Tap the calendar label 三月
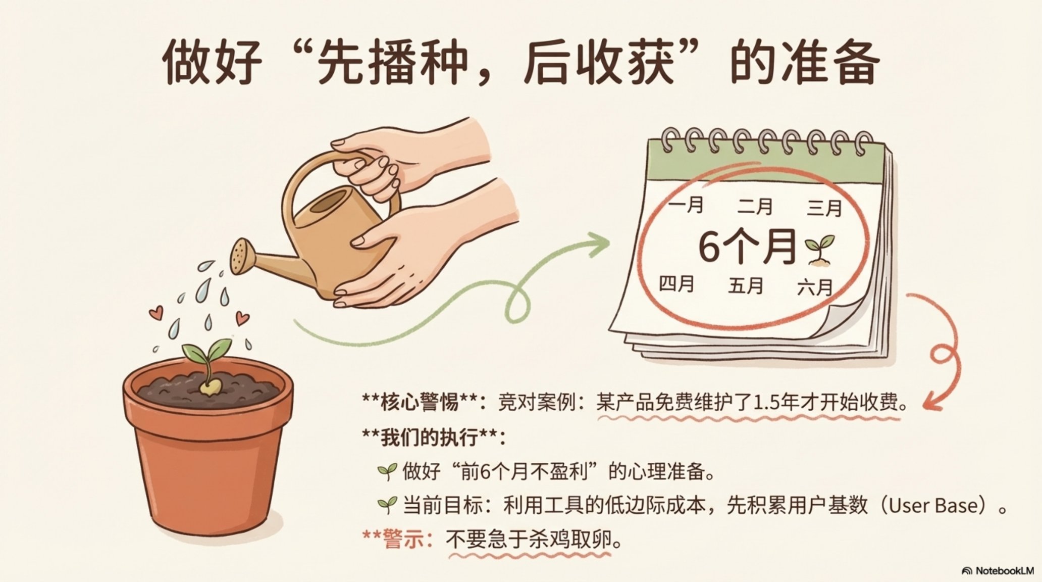tap(824, 208)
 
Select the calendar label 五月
tap(746, 286)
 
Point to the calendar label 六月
tap(815, 288)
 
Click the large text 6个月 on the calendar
tap(747, 247)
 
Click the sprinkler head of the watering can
tap(243, 256)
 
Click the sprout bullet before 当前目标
tap(387, 504)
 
